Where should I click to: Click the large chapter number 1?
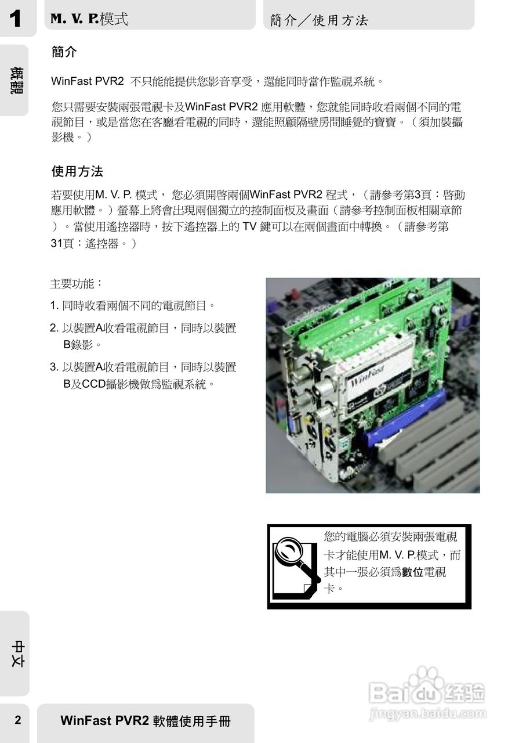click(x=15, y=19)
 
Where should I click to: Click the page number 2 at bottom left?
click(x=17, y=721)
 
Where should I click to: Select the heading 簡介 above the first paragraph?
click(x=64, y=52)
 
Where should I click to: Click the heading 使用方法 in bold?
click(x=77, y=172)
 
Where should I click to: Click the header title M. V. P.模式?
click(x=89, y=19)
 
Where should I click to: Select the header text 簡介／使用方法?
click(x=319, y=20)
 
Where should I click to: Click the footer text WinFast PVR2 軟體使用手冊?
click(x=146, y=722)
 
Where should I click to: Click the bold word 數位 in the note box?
click(x=413, y=572)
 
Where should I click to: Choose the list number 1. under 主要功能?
click(x=55, y=305)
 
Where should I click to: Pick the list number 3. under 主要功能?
click(x=55, y=367)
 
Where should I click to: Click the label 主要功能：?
click(x=77, y=284)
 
